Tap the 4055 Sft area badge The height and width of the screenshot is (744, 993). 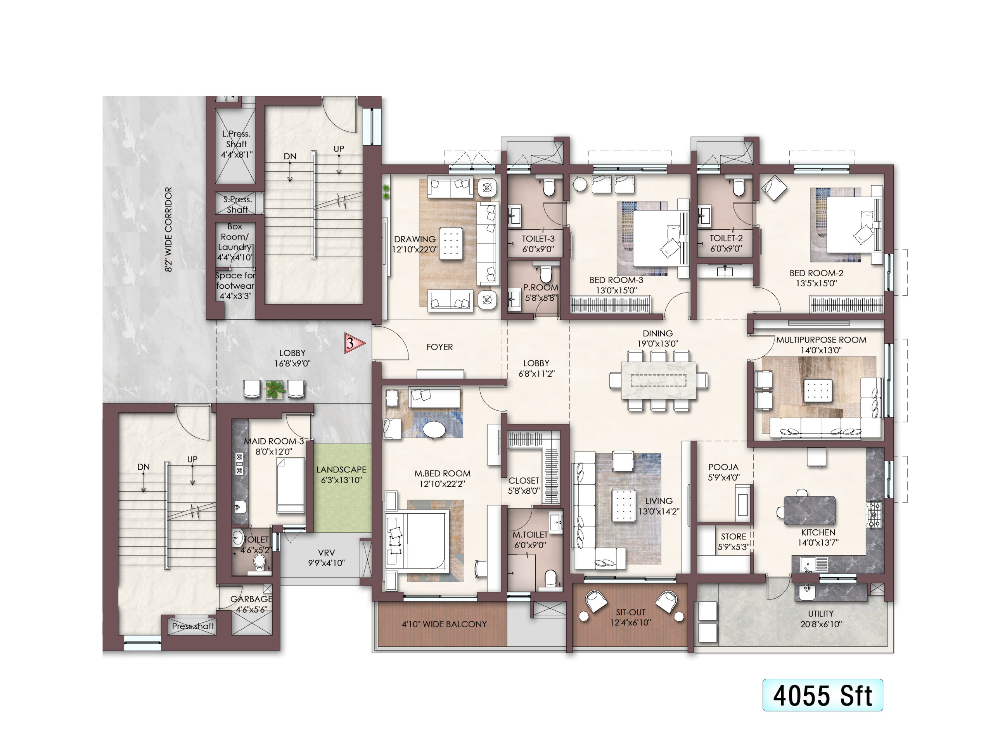[x=822, y=695]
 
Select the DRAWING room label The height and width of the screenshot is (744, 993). [x=415, y=239]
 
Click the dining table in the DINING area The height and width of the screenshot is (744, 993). [x=659, y=380]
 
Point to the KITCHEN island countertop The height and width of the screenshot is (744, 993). [x=810, y=510]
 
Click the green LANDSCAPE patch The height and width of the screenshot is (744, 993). [x=343, y=488]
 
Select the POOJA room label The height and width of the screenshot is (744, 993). [x=723, y=467]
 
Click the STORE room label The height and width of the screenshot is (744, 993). [x=734, y=536]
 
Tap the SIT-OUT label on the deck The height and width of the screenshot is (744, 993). [x=631, y=612]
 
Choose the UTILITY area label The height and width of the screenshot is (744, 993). [x=821, y=613]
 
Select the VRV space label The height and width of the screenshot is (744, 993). [x=326, y=553]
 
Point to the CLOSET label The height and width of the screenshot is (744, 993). [x=523, y=480]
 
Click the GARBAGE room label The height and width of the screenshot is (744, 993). [x=251, y=599]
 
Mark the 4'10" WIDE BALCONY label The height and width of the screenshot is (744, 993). [x=444, y=624]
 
